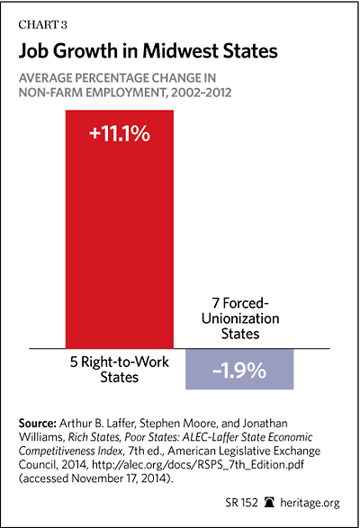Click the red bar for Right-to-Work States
120,229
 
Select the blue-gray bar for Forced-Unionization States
239,369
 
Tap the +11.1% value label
120,134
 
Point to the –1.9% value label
239,371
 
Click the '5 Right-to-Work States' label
120,370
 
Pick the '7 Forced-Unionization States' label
240,318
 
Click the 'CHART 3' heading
43,25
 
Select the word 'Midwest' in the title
180,51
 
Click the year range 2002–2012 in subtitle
202,93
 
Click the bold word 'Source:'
38,423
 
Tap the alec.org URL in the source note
198,465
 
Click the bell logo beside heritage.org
269,503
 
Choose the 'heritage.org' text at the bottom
310,503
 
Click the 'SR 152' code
241,503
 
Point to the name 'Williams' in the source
40,437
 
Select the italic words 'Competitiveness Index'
70,451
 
